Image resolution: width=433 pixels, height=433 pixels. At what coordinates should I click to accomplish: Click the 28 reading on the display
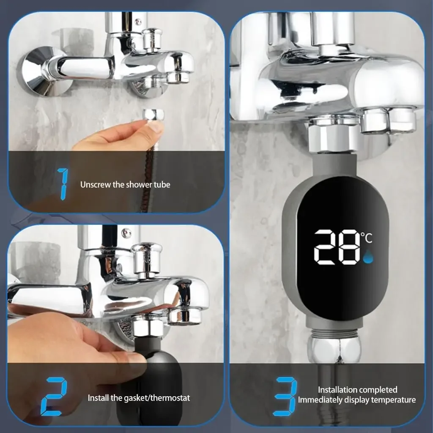(337, 247)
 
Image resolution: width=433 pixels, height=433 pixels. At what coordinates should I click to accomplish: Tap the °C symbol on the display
(367, 238)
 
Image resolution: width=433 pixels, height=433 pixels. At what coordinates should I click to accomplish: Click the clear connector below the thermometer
(334, 349)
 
